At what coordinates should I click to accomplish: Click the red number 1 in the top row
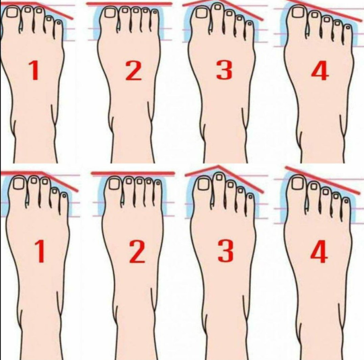coord(34,70)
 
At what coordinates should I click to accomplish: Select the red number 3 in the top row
coord(224,70)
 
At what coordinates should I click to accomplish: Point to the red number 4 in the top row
coord(320,71)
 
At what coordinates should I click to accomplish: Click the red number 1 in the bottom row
coord(40,251)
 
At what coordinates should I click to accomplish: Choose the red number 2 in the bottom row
coord(137,252)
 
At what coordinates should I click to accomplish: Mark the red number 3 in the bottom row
coord(226,251)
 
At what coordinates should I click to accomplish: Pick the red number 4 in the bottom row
coord(319,251)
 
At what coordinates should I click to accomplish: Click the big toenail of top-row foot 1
coord(12,12)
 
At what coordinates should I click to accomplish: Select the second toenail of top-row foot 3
coord(218,7)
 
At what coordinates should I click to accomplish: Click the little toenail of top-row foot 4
coord(347,28)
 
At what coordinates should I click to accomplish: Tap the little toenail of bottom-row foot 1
coord(64,196)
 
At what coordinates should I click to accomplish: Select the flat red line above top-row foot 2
coord(129,4)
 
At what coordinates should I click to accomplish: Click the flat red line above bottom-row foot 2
coord(133,173)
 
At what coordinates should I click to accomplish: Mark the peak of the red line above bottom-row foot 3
coord(218,166)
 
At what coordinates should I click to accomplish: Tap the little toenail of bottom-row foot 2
coord(158,183)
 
